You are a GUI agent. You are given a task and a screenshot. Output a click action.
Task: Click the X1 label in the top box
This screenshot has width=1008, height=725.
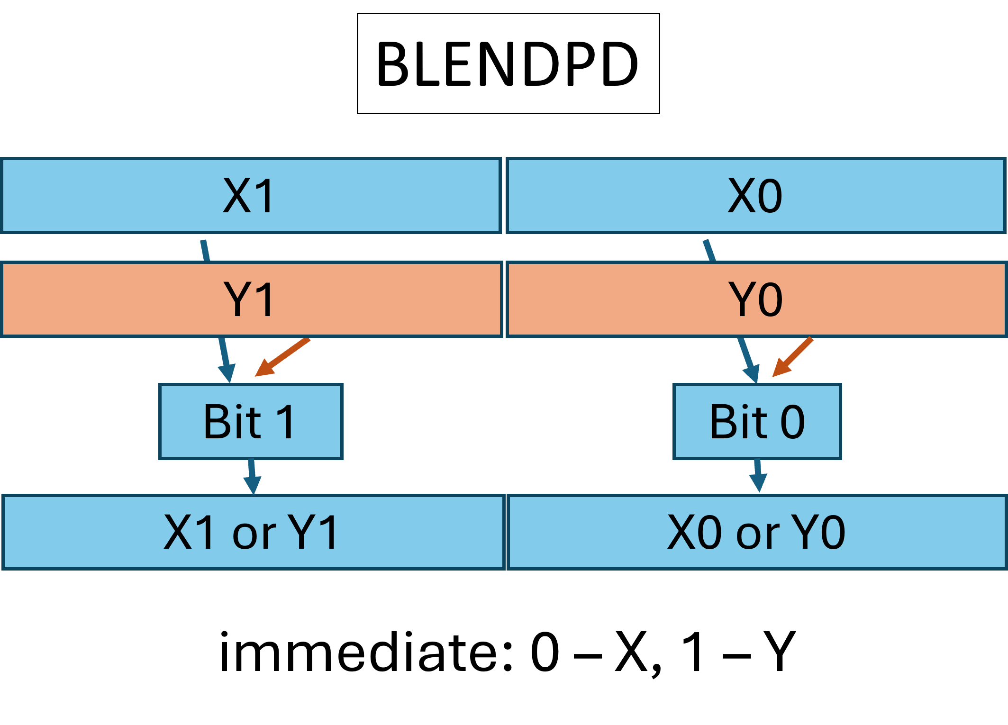pos(249,196)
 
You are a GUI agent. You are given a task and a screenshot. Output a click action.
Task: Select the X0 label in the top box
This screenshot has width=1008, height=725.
pos(754,196)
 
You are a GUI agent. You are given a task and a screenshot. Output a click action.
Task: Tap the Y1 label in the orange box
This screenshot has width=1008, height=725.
pos(249,299)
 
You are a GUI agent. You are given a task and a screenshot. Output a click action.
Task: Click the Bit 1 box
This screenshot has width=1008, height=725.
pos(251,421)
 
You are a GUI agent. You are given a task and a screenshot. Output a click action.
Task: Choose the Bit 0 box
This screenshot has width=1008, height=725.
pos(757,421)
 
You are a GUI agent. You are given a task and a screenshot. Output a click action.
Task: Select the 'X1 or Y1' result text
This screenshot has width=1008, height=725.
pos(251,533)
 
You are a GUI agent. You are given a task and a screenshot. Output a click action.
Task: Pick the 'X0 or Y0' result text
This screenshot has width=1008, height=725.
pos(756,533)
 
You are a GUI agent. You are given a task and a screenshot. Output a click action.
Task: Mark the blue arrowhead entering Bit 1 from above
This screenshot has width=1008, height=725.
pos(227,373)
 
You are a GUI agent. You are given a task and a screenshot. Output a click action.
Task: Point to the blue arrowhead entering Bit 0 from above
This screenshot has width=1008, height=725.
pos(752,373)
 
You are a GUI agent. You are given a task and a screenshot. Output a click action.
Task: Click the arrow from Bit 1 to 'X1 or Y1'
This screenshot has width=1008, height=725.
pos(252,477)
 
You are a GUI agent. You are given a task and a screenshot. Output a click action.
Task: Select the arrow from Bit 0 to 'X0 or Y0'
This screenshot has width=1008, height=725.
pos(758,476)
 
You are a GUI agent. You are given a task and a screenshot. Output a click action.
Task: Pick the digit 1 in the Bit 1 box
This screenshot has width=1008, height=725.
pos(286,421)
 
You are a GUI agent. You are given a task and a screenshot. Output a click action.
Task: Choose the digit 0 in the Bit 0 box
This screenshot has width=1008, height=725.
pos(792,421)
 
